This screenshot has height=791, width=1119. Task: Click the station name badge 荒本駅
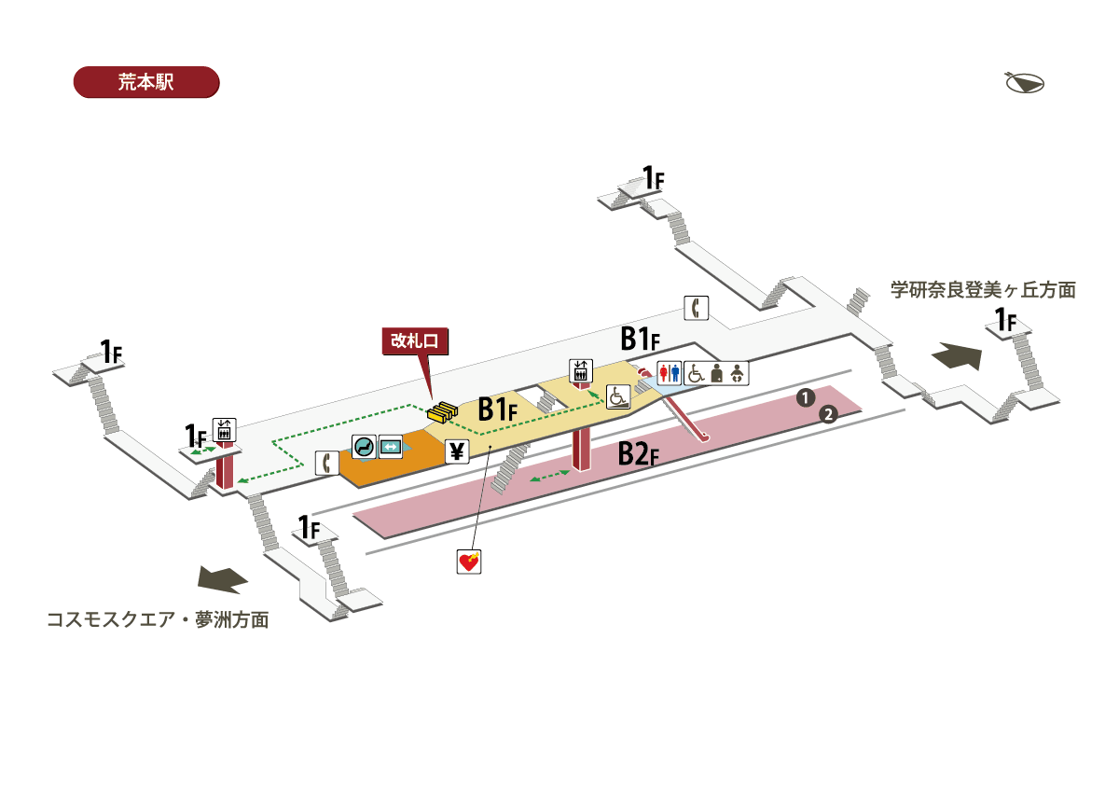click(145, 82)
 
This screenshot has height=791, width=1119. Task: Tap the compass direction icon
click(1024, 83)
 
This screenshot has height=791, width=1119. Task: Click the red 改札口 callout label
click(415, 340)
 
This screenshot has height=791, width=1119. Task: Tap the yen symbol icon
click(457, 452)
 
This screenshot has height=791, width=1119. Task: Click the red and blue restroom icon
click(670, 373)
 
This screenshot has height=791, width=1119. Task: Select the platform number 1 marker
click(804, 398)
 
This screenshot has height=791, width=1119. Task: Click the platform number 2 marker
click(826, 414)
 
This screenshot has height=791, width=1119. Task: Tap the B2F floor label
click(640, 455)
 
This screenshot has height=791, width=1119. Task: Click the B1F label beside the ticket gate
click(504, 409)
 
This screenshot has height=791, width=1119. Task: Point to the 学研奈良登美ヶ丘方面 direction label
click(983, 290)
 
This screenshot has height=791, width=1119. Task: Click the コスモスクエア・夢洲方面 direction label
click(158, 619)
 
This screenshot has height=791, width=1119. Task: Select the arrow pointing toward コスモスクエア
click(223, 579)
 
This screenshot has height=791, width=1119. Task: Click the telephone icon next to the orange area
click(326, 463)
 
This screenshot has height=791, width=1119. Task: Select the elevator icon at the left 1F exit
click(224, 429)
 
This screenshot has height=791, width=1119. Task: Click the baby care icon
click(738, 373)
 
